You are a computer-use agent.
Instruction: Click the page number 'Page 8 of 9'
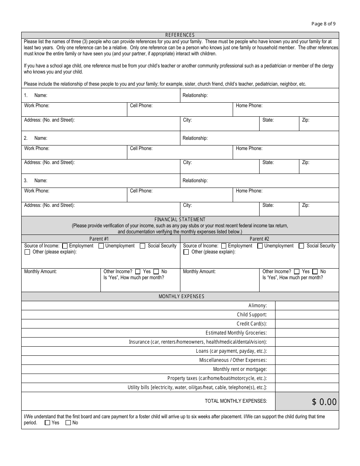(x=323, y=23)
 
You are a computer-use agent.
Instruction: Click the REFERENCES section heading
(x=180, y=35)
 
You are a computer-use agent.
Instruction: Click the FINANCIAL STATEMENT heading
(x=180, y=219)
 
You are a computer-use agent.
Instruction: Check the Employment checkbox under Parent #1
(x=65, y=246)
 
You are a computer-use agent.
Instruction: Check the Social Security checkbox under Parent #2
(x=301, y=246)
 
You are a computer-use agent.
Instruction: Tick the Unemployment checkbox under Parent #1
(x=101, y=246)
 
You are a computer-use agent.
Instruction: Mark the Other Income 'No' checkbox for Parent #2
(x=315, y=272)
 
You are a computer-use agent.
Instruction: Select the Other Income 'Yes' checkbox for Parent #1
(x=138, y=272)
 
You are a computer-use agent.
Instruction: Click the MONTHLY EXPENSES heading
(x=181, y=296)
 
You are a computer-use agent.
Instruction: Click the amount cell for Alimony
(x=307, y=306)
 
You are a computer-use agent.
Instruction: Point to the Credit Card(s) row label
(x=252, y=324)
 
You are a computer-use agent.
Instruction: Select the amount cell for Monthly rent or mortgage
(x=307, y=369)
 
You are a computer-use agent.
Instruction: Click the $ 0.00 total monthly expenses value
(x=324, y=402)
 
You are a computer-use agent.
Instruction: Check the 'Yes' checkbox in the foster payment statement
(x=47, y=423)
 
